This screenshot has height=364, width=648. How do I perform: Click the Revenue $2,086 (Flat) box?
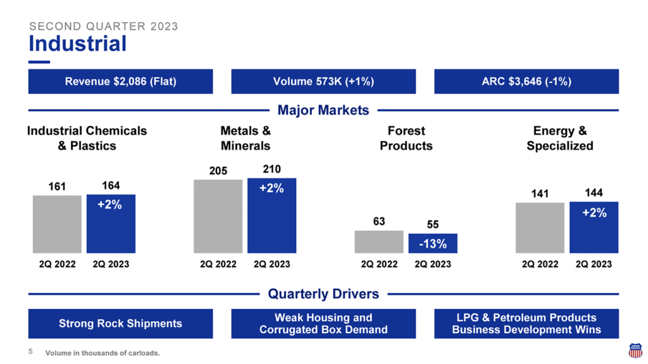point(120,82)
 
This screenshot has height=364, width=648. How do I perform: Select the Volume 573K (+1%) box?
point(323,82)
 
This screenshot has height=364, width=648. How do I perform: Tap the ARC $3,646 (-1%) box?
point(526,82)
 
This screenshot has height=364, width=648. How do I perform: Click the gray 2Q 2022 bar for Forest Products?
point(378,241)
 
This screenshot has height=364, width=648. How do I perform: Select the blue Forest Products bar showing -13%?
point(433,243)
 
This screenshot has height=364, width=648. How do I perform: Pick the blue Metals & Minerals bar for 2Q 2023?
point(271,215)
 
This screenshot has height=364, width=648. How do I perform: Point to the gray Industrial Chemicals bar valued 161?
point(57,224)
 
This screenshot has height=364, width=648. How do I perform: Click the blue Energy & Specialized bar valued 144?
point(594,227)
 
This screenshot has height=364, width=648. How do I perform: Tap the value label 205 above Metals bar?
point(218,171)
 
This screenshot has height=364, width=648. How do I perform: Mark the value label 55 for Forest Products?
point(433,224)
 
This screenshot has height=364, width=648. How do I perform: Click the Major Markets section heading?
point(323,111)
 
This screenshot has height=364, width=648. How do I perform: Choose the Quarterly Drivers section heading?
point(323,294)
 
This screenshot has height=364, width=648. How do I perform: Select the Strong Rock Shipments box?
point(120,324)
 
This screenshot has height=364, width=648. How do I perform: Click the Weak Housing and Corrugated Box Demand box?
point(323,324)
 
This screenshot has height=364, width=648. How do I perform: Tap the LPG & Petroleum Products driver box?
point(526,324)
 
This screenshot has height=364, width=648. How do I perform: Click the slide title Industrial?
point(77,44)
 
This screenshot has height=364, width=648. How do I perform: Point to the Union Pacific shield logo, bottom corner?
point(635,351)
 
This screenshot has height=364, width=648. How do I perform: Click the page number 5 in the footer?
point(30,352)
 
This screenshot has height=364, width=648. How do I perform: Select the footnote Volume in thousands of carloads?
point(103,353)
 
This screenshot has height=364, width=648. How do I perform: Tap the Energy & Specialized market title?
point(560,138)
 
